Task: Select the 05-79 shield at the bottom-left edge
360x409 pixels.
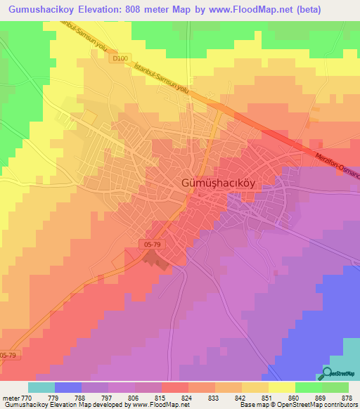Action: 9,356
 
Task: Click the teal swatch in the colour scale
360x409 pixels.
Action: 41,387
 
